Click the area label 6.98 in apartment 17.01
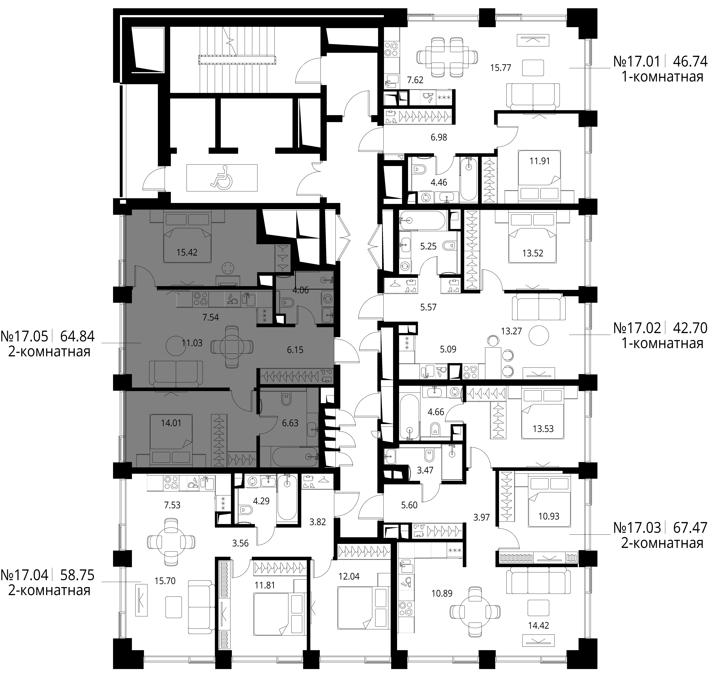(439, 137)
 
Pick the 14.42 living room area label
(539, 625)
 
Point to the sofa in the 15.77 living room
(533, 96)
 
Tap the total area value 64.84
(78, 336)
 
